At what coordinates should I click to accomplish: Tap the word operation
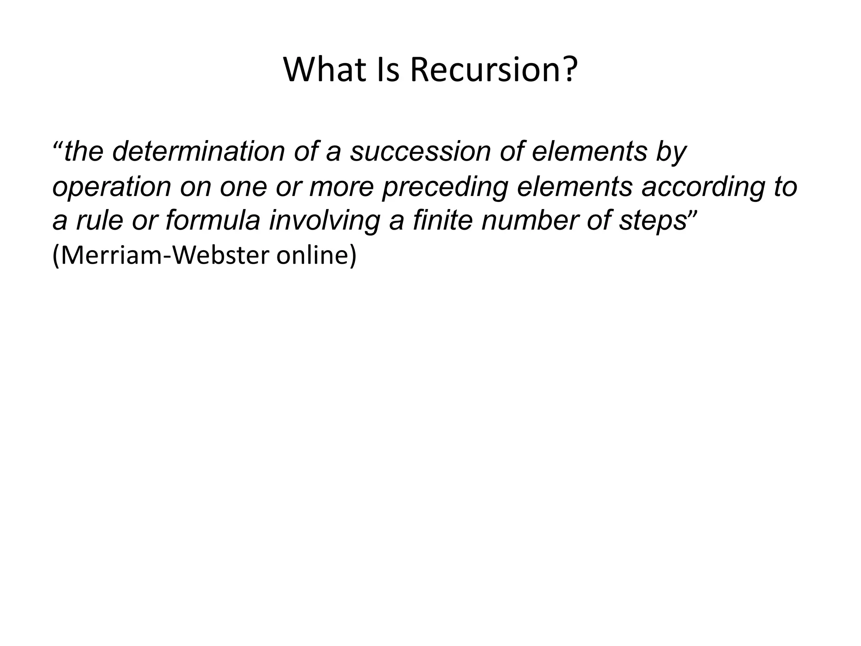pyautogui.click(x=111, y=187)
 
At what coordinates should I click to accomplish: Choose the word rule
pyautogui.click(x=100, y=221)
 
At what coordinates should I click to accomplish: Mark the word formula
pyautogui.click(x=212, y=221)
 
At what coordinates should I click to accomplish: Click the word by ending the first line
pyautogui.click(x=671, y=152)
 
